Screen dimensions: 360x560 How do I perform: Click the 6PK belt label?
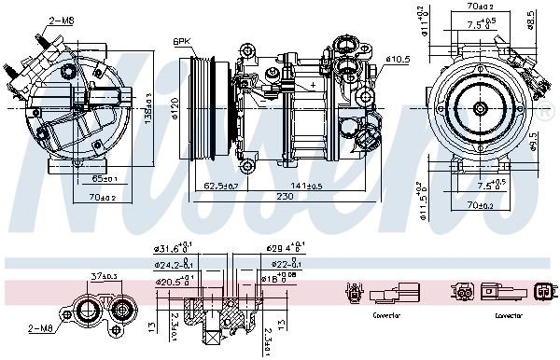coord(182,41)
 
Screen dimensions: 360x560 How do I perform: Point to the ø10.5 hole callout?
coord(398,60)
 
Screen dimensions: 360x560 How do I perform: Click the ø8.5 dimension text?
coord(531,18)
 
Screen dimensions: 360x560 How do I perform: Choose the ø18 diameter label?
coord(280,279)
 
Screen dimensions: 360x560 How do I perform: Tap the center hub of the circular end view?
coord(480,110)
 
